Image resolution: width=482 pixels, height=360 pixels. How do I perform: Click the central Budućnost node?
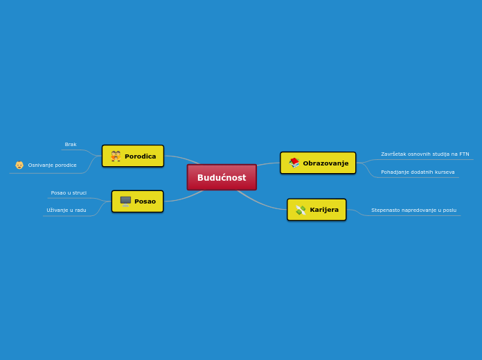[222, 177]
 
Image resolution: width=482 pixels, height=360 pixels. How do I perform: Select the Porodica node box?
[133, 156]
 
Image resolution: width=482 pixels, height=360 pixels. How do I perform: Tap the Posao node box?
[137, 201]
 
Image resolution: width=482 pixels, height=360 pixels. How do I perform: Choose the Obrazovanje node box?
[318, 163]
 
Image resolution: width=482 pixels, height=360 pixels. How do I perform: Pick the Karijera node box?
[316, 210]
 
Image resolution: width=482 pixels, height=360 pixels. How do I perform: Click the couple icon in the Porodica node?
[116, 156]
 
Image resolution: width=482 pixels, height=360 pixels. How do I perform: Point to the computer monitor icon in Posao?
[125, 201]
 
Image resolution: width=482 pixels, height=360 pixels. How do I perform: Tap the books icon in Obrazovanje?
[294, 163]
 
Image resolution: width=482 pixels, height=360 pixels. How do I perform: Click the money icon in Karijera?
[301, 210]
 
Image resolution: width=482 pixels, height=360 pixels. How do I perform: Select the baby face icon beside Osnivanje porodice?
[19, 165]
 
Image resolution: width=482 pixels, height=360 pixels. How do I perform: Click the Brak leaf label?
[71, 145]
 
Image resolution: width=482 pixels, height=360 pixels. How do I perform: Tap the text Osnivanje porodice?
[53, 165]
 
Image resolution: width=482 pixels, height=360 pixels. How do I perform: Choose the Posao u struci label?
[69, 193]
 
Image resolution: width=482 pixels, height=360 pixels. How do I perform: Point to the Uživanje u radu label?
[66, 210]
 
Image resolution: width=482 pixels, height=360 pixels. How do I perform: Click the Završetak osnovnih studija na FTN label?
[425, 154]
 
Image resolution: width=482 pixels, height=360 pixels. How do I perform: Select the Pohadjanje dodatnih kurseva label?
[418, 172]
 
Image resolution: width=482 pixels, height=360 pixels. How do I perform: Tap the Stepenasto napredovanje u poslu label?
[413, 210]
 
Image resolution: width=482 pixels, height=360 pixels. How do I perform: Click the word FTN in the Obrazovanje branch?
[463, 154]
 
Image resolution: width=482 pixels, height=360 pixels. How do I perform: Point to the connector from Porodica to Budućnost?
[184, 159]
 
